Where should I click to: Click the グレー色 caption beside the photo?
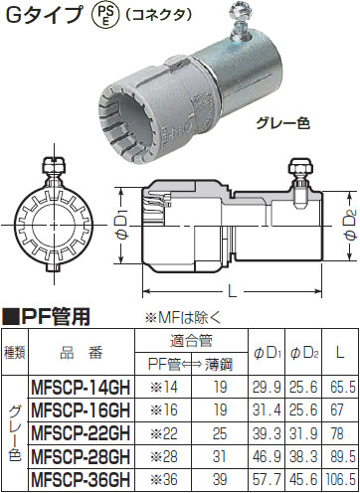[282, 123]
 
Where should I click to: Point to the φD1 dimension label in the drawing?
[122, 227]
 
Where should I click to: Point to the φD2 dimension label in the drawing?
[351, 225]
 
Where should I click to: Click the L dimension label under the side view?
[233, 291]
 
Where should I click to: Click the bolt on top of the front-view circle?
[54, 164]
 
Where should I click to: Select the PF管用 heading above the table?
[47, 317]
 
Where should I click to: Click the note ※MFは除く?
[183, 318]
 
